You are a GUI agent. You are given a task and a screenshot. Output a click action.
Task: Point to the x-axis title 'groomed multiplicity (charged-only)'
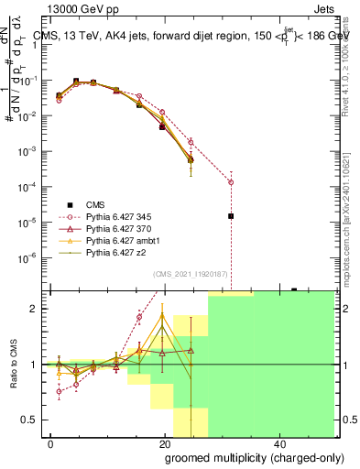[242, 457]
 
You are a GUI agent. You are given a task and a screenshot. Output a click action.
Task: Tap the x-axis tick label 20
[165, 443]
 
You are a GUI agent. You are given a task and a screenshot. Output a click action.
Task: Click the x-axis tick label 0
[51, 443]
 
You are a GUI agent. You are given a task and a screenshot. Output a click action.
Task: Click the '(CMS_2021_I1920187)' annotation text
[190, 274]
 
